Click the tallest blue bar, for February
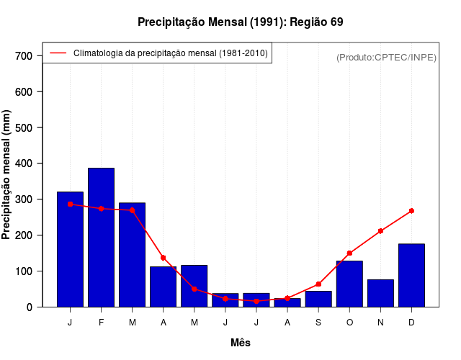click(101, 238)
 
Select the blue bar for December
click(411, 276)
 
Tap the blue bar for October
click(349, 284)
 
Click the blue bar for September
click(318, 299)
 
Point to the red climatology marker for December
click(411, 211)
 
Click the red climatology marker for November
click(380, 231)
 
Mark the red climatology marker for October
click(349, 253)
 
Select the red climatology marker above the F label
click(101, 209)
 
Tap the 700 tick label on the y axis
click(24, 56)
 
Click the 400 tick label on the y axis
click(24, 163)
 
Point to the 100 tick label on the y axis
click(24, 271)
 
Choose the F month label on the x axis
click(101, 323)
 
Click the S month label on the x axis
click(318, 323)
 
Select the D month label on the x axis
click(411, 323)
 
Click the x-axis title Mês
click(241, 343)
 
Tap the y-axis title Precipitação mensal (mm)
click(7, 174)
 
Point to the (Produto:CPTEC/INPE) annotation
click(387, 57)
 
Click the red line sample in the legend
click(58, 53)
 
